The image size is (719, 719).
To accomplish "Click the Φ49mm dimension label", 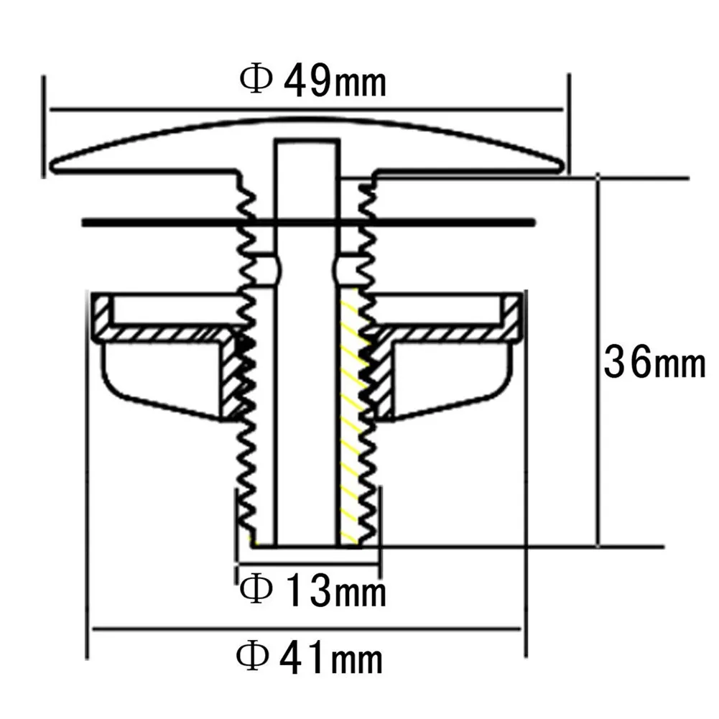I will tap(313, 81).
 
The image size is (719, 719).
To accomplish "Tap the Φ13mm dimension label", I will tap(312, 591).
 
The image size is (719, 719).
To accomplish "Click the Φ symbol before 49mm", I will tap(256, 79).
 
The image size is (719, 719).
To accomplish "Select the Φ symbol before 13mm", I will tap(256, 590).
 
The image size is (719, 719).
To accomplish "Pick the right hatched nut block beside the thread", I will tap(382, 377).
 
